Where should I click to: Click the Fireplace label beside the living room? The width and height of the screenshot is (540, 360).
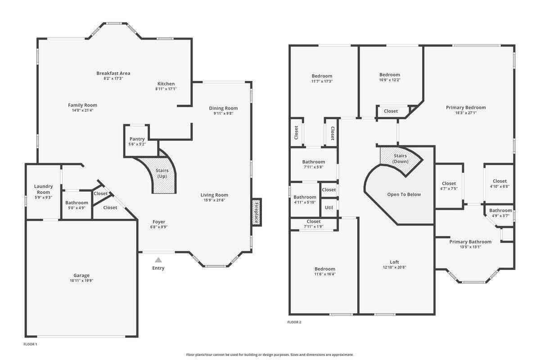(257, 212)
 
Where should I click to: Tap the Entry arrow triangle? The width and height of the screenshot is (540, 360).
(158, 260)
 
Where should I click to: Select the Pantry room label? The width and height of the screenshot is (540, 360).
(137, 139)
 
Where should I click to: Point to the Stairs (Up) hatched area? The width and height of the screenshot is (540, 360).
(162, 173)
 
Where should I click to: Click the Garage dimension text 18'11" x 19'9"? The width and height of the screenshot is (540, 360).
(81, 280)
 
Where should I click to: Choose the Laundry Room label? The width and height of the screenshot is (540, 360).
(44, 189)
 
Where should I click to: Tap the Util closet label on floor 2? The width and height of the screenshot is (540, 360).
(329, 207)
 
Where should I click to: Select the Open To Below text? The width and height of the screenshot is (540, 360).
(404, 194)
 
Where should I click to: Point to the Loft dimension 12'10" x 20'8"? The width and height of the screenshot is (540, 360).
(394, 267)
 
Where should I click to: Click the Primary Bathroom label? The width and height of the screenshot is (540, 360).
(470, 242)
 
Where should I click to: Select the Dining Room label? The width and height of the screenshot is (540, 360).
(223, 108)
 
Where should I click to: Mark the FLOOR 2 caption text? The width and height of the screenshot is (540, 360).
(294, 322)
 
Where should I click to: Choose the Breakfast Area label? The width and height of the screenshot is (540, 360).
(113, 73)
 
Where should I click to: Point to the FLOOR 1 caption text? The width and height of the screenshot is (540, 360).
(30, 344)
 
